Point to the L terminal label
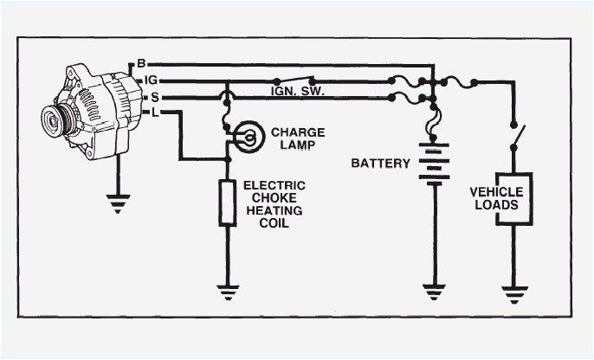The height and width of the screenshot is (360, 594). pos(141,112)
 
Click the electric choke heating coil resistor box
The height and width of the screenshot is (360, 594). pos(227,202)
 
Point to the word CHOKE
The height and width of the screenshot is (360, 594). pos(267,197)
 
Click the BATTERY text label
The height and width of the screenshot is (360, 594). pos(380,163)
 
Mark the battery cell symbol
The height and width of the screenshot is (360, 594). pos(430,163)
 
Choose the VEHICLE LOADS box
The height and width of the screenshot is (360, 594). pos(513,198)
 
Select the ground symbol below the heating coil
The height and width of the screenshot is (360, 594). pos(227,292)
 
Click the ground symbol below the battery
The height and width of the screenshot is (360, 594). pos(430,292)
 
